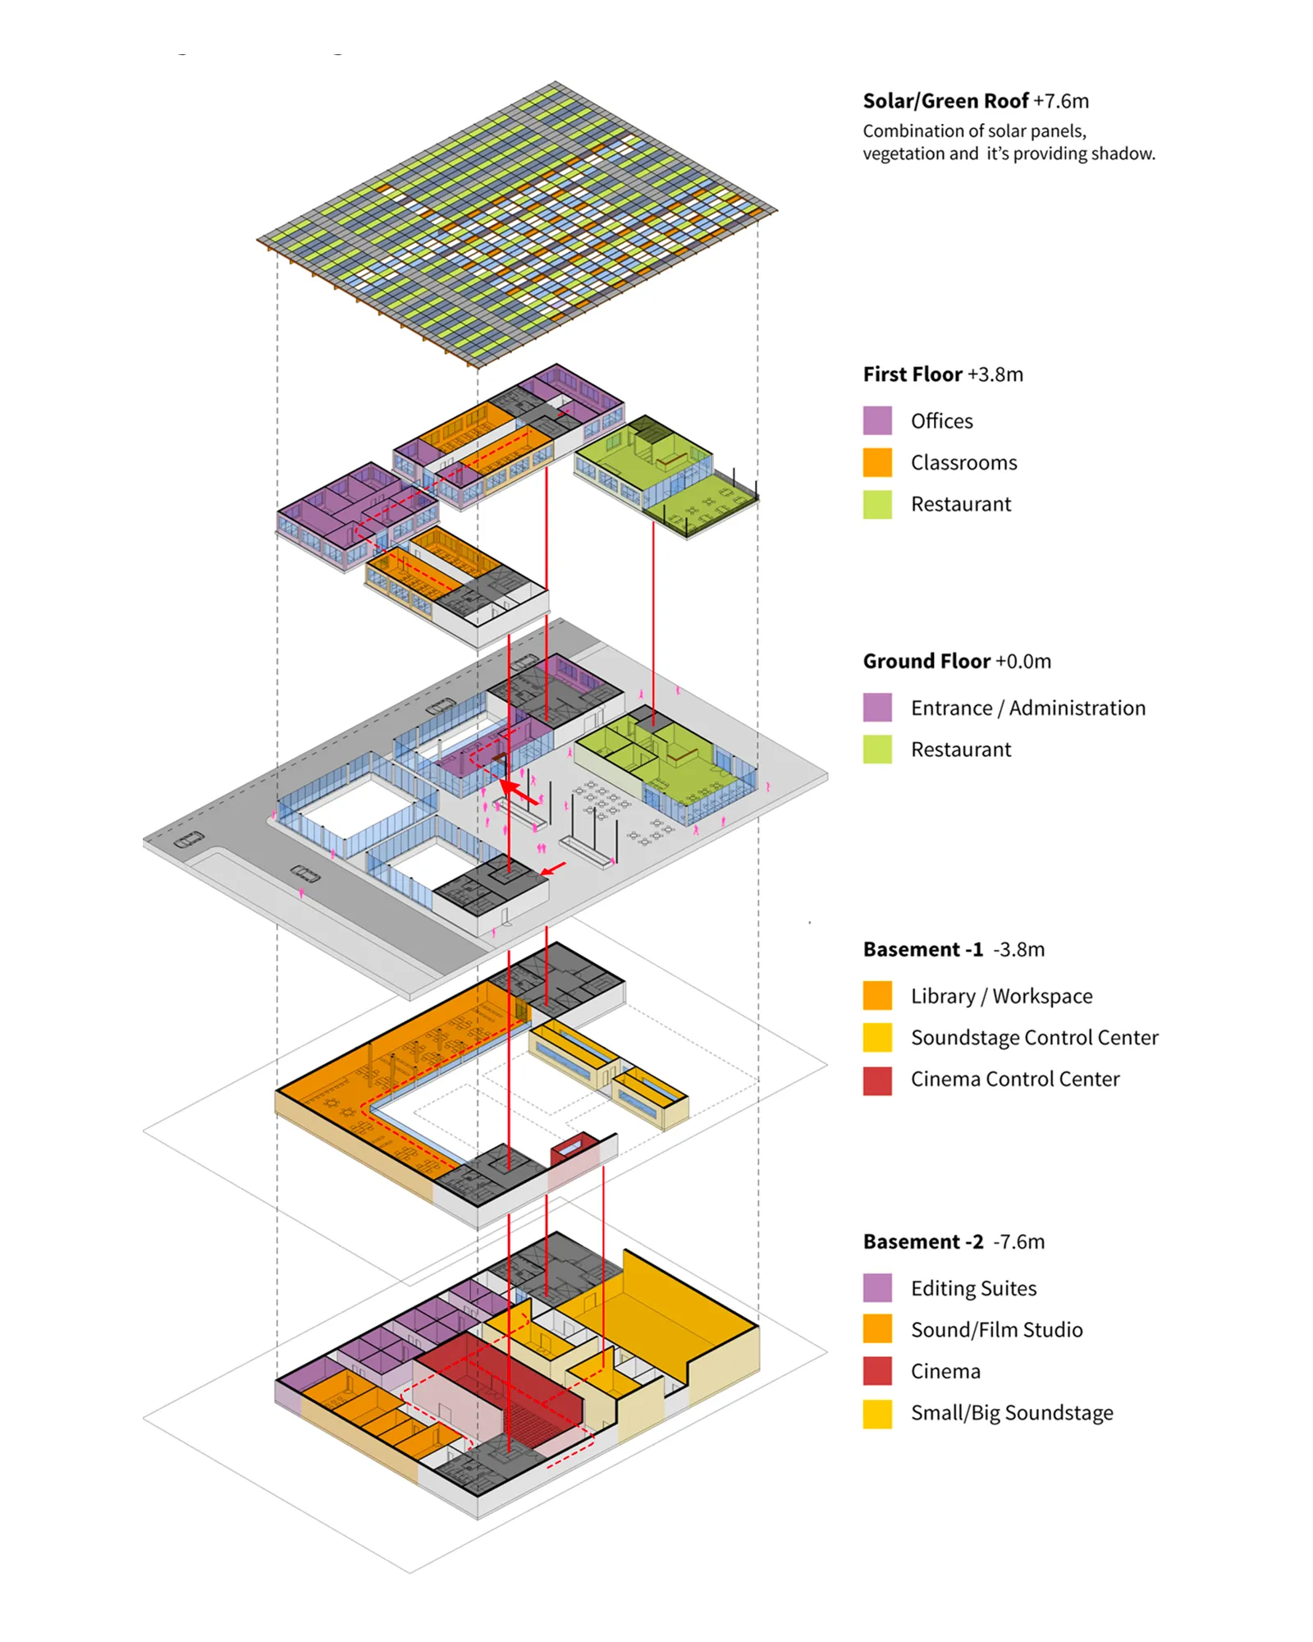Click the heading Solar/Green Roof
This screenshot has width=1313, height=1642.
(945, 101)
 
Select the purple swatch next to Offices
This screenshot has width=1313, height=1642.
(877, 420)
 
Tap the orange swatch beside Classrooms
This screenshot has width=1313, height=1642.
(877, 462)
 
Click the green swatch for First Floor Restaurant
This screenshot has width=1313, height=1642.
(877, 504)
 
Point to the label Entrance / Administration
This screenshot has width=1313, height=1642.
(1027, 708)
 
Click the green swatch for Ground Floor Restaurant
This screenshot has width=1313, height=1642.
(877, 750)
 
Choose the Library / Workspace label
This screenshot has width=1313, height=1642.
(1001, 996)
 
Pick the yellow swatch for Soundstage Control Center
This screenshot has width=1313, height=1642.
(877, 1038)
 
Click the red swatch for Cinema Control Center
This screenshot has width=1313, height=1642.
(877, 1080)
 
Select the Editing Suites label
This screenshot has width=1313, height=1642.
(973, 1288)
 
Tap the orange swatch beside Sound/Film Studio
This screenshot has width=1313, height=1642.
(877, 1329)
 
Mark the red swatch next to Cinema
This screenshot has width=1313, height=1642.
(877, 1371)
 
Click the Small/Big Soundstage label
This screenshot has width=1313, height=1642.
(1012, 1413)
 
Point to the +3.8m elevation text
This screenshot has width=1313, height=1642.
(995, 374)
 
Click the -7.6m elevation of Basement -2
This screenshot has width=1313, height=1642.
(1018, 1241)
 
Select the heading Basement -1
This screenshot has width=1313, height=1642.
(922, 949)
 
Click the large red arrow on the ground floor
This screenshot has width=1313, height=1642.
(518, 792)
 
